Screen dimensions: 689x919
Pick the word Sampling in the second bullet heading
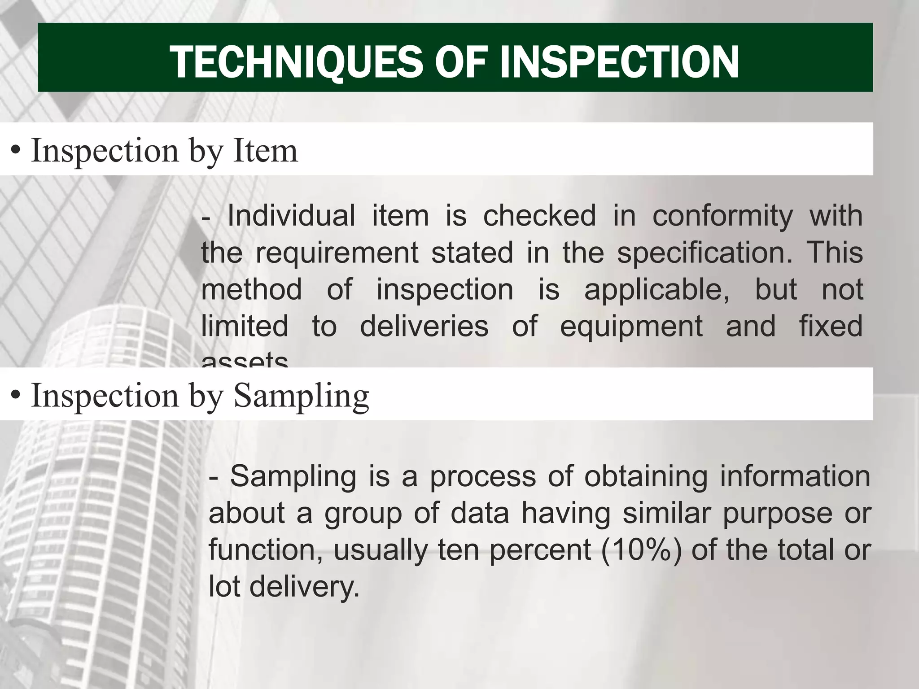pyautogui.click(x=301, y=396)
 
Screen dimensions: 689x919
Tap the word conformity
pyautogui.click(x=722, y=216)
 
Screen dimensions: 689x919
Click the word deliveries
pyautogui.click(x=424, y=326)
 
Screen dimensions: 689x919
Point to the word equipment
pyautogui.click(x=631, y=327)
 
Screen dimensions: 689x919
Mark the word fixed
pyautogui.click(x=831, y=326)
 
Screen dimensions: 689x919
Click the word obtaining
pyautogui.click(x=646, y=476)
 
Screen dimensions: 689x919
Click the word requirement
pyautogui.click(x=337, y=253)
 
